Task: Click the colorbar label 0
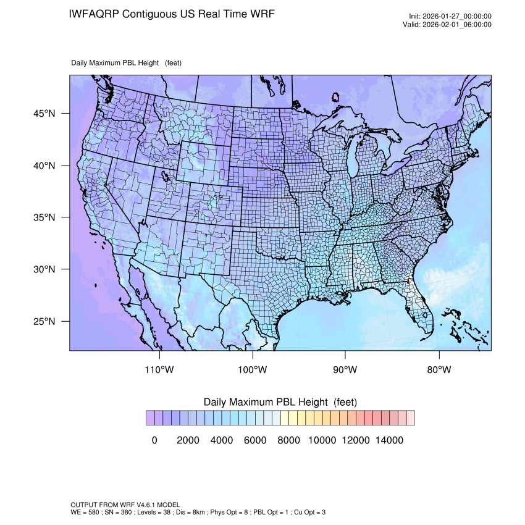(154, 440)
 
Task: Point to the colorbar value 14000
(390, 440)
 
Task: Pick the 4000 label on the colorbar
(222, 440)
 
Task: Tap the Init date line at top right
(450, 17)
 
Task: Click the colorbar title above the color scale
(280, 402)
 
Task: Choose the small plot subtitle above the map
(126, 62)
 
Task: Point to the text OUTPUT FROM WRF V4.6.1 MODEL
(125, 505)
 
